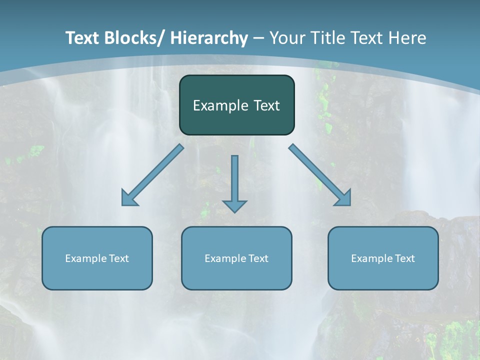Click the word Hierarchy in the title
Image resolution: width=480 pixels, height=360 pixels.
pyautogui.click(x=209, y=38)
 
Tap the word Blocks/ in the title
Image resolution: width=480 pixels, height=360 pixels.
pyautogui.click(x=134, y=38)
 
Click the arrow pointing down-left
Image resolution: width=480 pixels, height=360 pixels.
pyautogui.click(x=152, y=175)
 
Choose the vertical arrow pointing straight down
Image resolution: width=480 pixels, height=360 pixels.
pyautogui.click(x=234, y=180)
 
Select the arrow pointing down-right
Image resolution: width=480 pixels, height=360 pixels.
pyautogui.click(x=320, y=175)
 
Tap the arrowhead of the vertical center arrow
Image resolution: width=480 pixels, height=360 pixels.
pyautogui.click(x=234, y=205)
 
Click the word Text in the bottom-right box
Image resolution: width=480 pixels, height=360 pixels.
pyautogui.click(x=404, y=258)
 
